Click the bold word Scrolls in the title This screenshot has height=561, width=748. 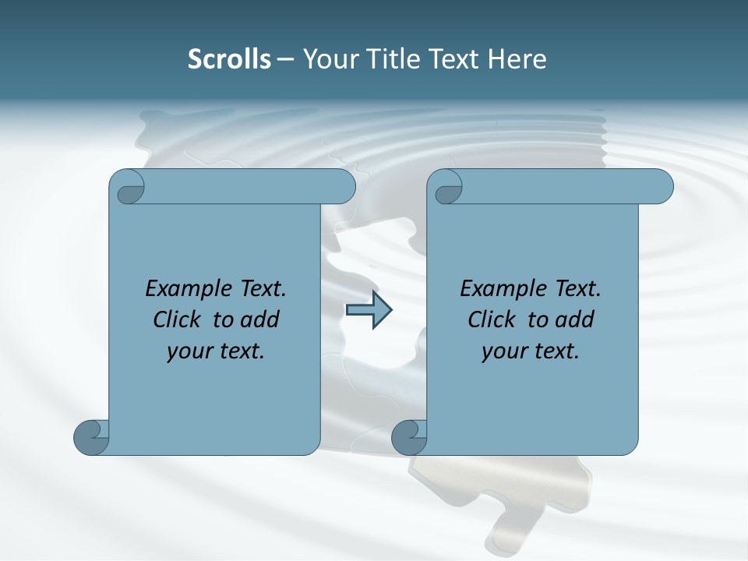click(x=229, y=59)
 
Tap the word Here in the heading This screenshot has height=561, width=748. click(x=517, y=59)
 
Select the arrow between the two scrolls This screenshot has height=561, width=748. click(x=369, y=310)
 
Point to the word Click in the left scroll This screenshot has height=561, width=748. click(x=178, y=319)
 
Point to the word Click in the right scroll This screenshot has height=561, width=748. click(x=492, y=319)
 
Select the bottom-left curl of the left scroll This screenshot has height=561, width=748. click(x=90, y=436)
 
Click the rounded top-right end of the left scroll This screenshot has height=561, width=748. click(x=343, y=187)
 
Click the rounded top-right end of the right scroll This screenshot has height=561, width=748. click(x=661, y=187)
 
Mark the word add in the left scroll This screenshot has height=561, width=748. click(x=260, y=319)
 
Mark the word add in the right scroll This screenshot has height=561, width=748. click(x=575, y=319)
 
